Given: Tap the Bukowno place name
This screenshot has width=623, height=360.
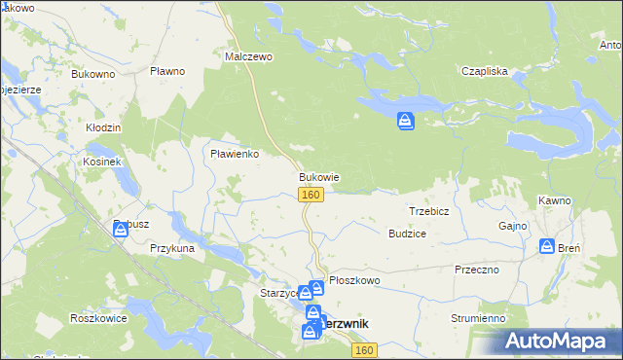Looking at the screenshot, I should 92,73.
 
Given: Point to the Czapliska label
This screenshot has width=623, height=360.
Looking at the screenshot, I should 485,71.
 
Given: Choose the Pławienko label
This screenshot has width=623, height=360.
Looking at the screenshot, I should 234,153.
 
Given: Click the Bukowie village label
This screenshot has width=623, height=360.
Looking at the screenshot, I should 318,178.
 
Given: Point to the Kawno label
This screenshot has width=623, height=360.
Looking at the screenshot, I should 554,199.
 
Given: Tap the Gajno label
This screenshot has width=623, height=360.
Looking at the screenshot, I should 512,226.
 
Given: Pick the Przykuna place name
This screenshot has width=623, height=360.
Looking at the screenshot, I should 172,248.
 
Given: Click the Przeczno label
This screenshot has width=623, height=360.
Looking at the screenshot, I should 476,270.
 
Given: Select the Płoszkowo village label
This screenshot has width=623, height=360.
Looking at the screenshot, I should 353,280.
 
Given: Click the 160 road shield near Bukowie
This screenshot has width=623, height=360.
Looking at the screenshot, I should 311,196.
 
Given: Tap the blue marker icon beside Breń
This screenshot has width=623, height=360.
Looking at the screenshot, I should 548,247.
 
